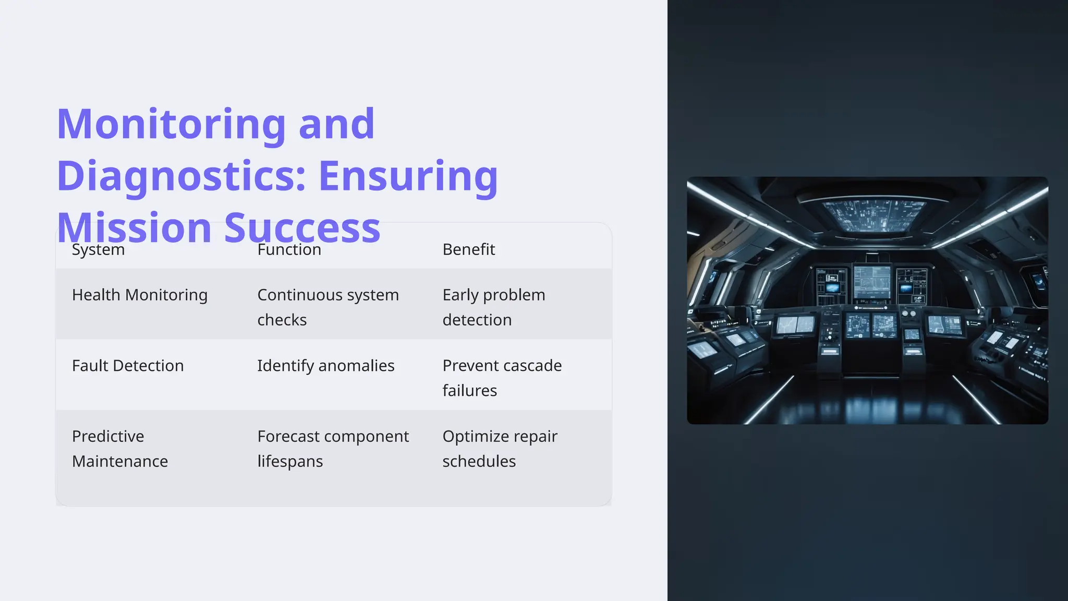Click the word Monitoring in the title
click(171, 124)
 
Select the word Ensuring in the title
click(408, 176)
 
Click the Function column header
click(289, 249)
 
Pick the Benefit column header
click(468, 249)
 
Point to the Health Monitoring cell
click(139, 295)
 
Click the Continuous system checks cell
click(327, 307)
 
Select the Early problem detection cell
click(493, 307)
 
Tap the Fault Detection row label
click(128, 366)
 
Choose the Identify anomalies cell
click(325, 366)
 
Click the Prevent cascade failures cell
click(502, 378)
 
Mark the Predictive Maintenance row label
click(120, 449)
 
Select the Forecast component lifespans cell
click(333, 449)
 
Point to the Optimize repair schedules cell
click(500, 449)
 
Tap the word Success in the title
click(302, 229)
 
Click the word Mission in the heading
click(134, 229)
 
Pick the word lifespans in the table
click(290, 461)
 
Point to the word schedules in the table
click(479, 461)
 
